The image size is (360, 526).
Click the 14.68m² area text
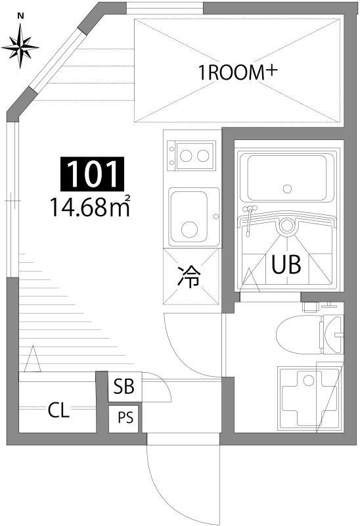(x=89, y=207)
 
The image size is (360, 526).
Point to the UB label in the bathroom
(x=286, y=265)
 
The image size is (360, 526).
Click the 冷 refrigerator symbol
(x=190, y=277)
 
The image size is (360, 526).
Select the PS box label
(x=124, y=418)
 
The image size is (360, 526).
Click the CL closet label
(x=59, y=412)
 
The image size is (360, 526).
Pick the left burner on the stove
(x=187, y=156)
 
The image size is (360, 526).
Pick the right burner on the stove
(x=204, y=156)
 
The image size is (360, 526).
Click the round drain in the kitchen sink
(x=189, y=229)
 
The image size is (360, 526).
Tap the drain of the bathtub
(x=287, y=189)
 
